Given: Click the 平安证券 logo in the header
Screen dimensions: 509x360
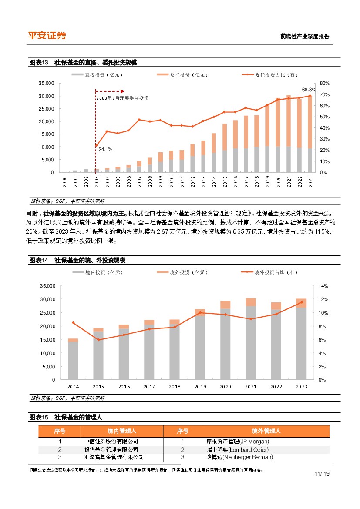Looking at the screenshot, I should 47,36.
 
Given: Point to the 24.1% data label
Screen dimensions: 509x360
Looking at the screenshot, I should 105,149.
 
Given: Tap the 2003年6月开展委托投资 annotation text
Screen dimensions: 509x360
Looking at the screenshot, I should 123,98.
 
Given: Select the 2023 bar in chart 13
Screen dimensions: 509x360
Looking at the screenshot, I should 310,135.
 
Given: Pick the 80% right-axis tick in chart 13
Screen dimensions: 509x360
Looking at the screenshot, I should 324,83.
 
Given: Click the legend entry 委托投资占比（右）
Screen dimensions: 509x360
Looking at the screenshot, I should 276,75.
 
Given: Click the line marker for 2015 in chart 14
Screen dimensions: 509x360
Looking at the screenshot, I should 98,339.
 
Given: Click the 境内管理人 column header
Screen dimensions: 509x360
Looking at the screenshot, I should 122,431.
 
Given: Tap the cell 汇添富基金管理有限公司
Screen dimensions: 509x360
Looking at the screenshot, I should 114,457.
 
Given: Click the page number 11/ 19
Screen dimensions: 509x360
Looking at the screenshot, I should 321,473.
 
